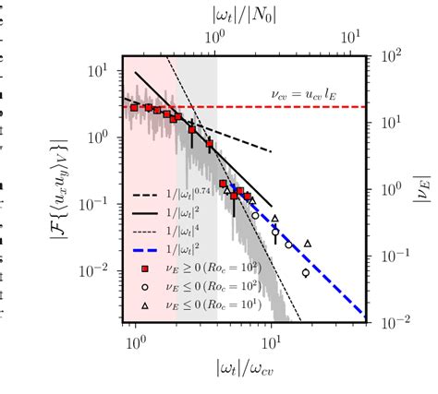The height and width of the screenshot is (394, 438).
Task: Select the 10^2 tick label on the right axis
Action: pos(392,56)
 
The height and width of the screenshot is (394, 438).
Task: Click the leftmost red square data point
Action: pos(135,108)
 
